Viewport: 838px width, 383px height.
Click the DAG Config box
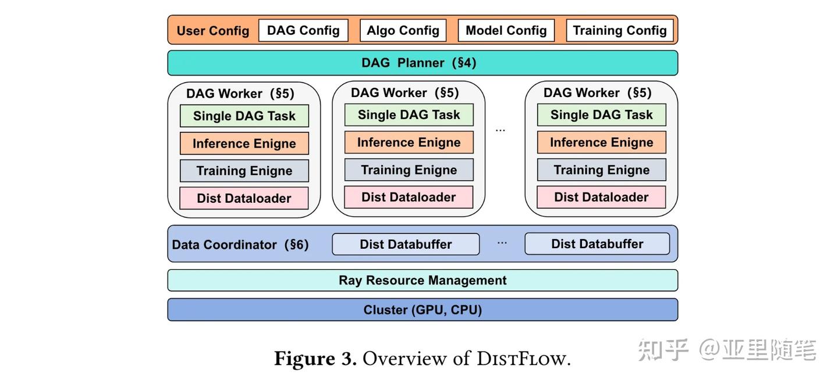303,31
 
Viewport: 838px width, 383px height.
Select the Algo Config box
403,31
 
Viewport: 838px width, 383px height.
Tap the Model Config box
506,31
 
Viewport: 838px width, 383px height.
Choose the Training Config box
619,31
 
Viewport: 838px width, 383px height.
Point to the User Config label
212,31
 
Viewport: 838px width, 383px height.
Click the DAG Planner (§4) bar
422,63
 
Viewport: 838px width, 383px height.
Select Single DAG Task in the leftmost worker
244,116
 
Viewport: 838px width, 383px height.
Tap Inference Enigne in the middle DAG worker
409,142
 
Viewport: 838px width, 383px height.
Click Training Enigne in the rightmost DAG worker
601,170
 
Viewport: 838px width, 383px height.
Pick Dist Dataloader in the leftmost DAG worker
244,198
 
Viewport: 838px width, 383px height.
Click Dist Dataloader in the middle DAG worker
409,197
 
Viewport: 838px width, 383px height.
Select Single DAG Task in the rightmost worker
601,115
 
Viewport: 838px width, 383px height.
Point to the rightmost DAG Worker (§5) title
597,93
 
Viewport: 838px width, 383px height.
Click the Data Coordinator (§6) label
240,245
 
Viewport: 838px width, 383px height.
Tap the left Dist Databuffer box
406,244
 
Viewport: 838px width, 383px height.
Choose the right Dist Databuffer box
597,244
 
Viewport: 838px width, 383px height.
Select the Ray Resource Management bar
422,280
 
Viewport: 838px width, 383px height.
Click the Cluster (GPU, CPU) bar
422,310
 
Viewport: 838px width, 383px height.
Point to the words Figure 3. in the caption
315,358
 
